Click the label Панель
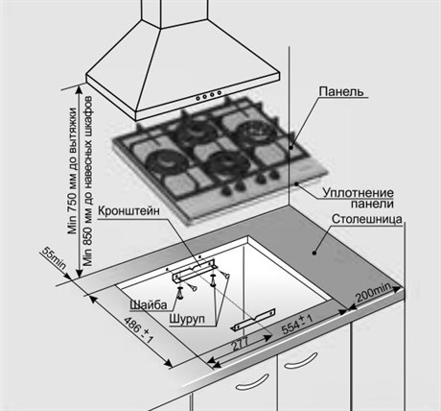(341, 91)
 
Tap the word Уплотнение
(358, 193)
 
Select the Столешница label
(366, 219)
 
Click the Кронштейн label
(128, 211)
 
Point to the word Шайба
(149, 304)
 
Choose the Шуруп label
(187, 319)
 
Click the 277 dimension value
(240, 344)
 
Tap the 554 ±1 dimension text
(297, 324)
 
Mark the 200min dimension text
(373, 293)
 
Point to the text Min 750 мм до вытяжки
(73, 171)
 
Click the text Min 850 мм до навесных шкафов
(87, 181)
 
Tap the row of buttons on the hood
(208, 95)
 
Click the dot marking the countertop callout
(314, 253)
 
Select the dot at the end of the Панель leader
(291, 148)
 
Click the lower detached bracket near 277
(253, 320)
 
